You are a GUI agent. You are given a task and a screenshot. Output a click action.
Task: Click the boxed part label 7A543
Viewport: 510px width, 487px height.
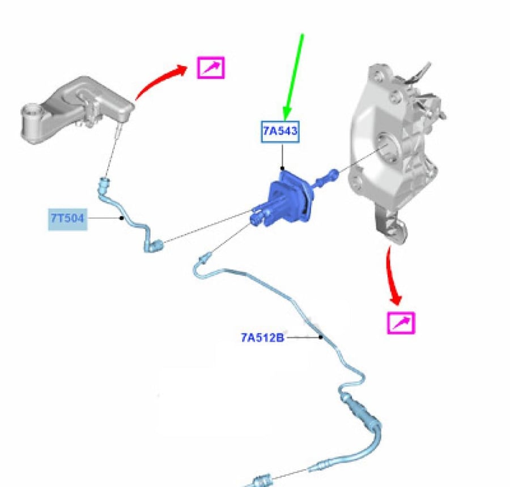click(x=280, y=131)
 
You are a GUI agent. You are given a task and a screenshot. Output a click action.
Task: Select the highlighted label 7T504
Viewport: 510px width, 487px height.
click(x=67, y=219)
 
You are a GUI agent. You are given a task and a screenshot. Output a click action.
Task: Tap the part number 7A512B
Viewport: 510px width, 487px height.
click(x=262, y=338)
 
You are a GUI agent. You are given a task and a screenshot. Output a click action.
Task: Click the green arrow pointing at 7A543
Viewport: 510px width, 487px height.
click(x=294, y=76)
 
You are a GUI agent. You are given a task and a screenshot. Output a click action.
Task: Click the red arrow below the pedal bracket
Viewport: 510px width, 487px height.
click(x=392, y=276)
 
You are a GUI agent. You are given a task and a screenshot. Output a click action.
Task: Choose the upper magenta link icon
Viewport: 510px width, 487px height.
click(x=211, y=68)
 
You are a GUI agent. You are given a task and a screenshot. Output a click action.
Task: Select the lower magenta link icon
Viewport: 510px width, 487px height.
click(x=401, y=323)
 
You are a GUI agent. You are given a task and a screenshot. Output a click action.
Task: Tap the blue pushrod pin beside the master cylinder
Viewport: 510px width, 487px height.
click(x=326, y=178)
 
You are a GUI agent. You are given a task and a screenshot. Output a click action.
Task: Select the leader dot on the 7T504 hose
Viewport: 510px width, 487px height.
click(x=122, y=218)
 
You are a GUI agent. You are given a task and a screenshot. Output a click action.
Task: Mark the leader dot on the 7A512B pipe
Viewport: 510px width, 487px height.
click(x=321, y=337)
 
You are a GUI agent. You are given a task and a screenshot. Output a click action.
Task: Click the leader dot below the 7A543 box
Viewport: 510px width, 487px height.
click(x=282, y=169)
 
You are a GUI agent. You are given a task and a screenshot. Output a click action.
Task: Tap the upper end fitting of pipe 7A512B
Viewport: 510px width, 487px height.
click(x=204, y=258)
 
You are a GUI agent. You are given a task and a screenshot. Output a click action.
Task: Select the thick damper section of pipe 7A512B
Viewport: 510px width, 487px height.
click(x=362, y=412)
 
